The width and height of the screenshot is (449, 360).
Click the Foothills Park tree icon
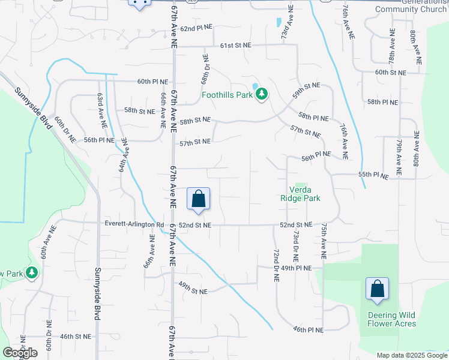tap(262, 94)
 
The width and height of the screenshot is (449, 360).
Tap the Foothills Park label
tap(226, 94)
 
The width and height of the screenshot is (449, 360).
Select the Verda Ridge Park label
tap(301, 193)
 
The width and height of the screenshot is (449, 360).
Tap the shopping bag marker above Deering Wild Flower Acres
tap(377, 289)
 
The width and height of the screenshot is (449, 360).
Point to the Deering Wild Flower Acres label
tap(392, 319)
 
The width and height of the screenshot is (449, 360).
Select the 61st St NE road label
tap(235, 46)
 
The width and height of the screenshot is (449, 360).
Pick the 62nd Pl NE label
tap(197, 28)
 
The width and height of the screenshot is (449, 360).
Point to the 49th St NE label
tap(192, 290)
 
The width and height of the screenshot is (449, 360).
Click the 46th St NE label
tap(75, 337)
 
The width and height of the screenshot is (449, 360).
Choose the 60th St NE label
tap(391, 72)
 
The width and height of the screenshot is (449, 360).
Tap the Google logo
tap(20, 353)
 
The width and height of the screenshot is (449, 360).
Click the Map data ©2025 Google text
tap(411, 355)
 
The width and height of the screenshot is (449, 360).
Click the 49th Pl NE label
tap(297, 268)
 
